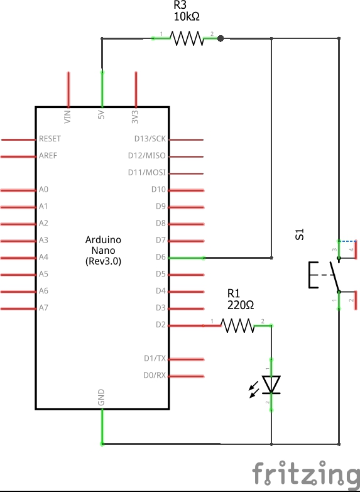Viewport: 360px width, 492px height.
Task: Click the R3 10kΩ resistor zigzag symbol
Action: click(187, 39)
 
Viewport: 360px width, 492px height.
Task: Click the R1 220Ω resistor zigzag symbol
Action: click(238, 325)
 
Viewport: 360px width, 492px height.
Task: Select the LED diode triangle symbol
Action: click(271, 384)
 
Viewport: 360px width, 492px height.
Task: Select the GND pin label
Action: click(101, 396)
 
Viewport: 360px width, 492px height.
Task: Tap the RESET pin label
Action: click(50, 138)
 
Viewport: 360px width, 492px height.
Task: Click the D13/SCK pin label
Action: click(150, 138)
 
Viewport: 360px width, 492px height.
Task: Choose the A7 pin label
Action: click(43, 308)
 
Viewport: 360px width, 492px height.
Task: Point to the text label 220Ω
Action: click(241, 305)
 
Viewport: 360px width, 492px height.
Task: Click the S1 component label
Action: click(300, 235)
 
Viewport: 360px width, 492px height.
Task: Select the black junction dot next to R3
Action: click(220, 39)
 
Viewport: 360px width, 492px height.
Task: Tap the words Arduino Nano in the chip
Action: click(103, 245)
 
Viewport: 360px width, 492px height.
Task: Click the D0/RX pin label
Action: click(155, 376)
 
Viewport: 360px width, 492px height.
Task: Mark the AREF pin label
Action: click(48, 155)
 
